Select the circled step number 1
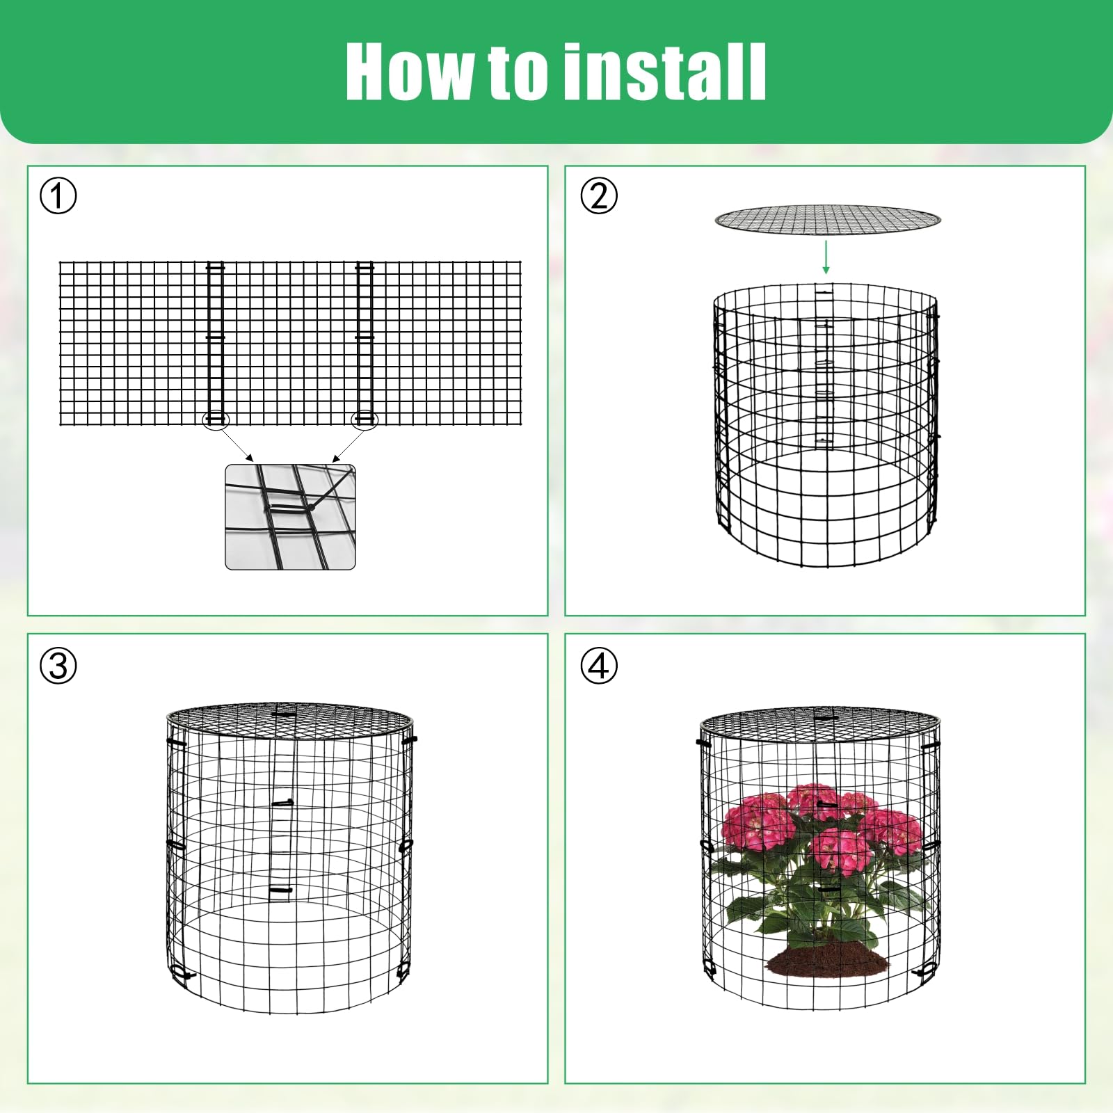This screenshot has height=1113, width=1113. tap(58, 196)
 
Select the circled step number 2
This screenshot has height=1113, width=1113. tap(599, 196)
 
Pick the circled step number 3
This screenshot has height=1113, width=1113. tap(58, 666)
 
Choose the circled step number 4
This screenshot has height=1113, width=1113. tap(599, 666)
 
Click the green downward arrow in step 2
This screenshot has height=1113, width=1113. tap(826, 257)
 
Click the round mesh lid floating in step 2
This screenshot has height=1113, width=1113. tap(828, 220)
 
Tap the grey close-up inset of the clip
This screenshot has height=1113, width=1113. tap(290, 517)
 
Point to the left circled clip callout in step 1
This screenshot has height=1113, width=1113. tap(215, 419)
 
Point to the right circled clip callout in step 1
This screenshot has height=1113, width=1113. tap(365, 419)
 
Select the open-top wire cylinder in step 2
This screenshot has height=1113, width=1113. tap(826, 424)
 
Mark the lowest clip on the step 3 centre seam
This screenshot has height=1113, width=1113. tap(280, 890)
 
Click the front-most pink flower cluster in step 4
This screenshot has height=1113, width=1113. tap(842, 850)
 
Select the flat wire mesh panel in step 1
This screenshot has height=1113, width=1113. tap(290, 344)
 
